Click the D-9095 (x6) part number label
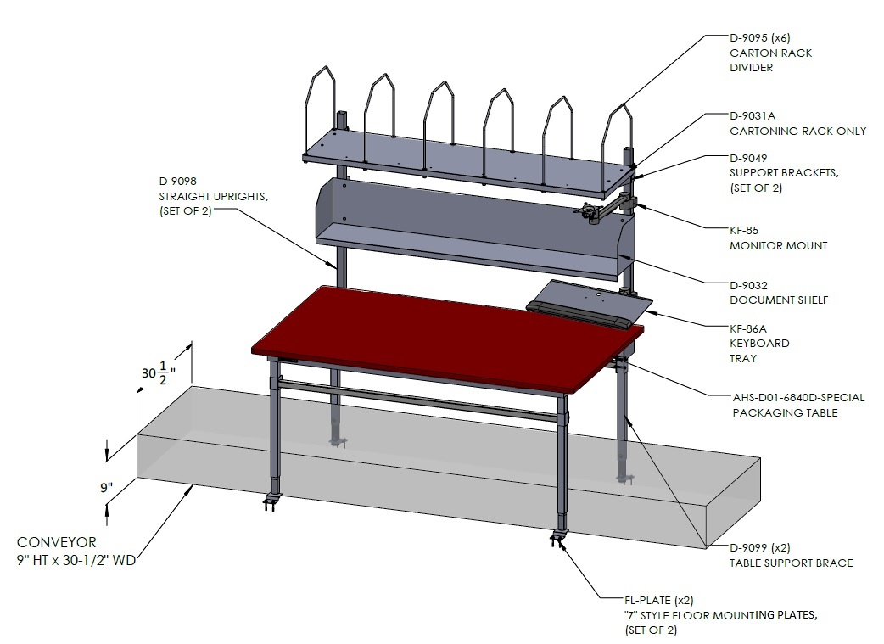(x=760, y=38)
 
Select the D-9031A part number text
(x=753, y=115)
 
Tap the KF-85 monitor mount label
(x=744, y=230)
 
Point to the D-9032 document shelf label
(x=749, y=285)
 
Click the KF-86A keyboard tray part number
(x=748, y=328)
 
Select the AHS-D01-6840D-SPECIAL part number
(x=798, y=398)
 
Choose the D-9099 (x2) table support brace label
(x=760, y=547)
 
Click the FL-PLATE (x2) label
(x=659, y=601)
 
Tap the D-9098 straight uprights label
(x=178, y=181)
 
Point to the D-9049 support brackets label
(x=748, y=158)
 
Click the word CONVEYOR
(x=56, y=542)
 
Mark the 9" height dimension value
(x=107, y=487)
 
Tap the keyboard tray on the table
(x=589, y=305)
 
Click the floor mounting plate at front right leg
(x=559, y=537)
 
